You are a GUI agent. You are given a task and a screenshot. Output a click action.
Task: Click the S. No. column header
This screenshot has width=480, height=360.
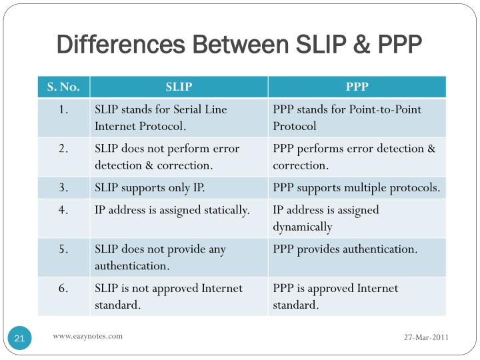63,87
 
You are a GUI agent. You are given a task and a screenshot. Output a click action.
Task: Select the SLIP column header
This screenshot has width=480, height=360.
179,87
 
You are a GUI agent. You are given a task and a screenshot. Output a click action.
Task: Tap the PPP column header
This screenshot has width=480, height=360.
357,87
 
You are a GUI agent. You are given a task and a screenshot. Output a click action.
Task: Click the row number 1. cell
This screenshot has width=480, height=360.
63,110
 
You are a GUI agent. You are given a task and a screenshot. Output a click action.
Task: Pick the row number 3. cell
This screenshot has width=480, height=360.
63,188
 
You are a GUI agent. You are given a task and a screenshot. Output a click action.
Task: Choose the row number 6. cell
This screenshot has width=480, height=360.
63,289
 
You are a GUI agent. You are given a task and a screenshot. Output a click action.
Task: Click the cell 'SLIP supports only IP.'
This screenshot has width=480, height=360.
149,188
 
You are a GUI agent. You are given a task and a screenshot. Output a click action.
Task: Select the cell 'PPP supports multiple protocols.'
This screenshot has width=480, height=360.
356,188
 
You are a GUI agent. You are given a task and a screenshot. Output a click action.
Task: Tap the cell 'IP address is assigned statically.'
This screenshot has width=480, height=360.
172,210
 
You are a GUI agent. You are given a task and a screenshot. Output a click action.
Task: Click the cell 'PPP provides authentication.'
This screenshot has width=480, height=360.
345,249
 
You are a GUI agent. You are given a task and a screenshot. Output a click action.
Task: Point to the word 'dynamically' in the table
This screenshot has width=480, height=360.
302,227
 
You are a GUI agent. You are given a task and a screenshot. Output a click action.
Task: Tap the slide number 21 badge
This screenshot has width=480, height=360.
19,339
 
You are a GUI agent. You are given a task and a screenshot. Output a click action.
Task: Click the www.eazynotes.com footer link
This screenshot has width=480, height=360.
88,336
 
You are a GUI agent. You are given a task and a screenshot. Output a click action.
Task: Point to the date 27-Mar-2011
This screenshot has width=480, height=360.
426,337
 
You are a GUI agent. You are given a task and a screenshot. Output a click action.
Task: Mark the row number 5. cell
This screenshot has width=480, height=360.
63,249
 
